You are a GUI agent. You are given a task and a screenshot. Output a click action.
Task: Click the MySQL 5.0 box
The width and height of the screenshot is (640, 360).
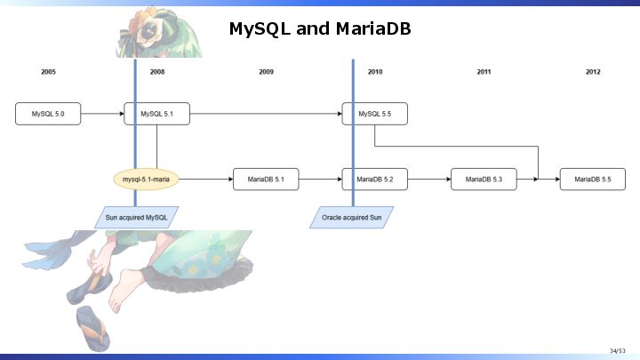pos(48,114)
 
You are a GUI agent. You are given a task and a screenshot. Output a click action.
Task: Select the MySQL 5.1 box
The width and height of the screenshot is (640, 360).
pos(156,114)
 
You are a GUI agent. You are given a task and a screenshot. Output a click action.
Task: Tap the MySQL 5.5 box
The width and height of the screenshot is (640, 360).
pos(375,114)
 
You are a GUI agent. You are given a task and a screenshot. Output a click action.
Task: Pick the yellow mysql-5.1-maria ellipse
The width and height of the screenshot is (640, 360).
pos(146,180)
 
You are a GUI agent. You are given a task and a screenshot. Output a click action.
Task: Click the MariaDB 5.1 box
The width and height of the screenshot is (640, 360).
pos(266,180)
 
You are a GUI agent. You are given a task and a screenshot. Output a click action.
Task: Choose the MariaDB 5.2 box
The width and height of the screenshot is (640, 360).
pos(375,180)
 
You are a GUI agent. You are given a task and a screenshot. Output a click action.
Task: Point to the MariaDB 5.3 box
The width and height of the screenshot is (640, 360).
pos(484,180)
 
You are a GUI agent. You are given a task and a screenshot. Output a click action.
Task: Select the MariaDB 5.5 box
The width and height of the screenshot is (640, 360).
pos(593,180)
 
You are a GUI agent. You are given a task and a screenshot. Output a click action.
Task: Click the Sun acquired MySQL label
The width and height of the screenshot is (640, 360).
pos(136,218)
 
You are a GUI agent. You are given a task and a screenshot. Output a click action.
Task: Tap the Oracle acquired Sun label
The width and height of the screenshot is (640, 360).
pos(351,218)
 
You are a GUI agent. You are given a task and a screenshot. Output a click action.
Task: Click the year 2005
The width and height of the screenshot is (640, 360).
pos(48,72)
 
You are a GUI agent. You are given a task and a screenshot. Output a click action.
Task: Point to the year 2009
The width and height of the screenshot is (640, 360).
pos(266,72)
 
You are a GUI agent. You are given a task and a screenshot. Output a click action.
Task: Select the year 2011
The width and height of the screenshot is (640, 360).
pos(484,72)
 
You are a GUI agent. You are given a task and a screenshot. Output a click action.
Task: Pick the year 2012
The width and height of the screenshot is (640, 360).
pos(593,72)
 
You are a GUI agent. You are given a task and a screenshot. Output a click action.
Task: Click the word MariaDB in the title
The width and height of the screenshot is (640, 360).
pos(373,28)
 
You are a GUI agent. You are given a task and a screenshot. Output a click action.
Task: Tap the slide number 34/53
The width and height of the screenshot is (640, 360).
pos(618,351)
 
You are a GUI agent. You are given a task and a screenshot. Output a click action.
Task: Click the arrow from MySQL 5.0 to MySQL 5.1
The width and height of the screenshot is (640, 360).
pos(102,114)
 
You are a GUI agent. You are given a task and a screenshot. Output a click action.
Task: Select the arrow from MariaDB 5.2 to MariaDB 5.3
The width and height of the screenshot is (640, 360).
pos(429,180)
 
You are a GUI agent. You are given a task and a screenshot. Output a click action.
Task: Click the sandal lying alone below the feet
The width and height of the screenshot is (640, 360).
pos(92,329)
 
